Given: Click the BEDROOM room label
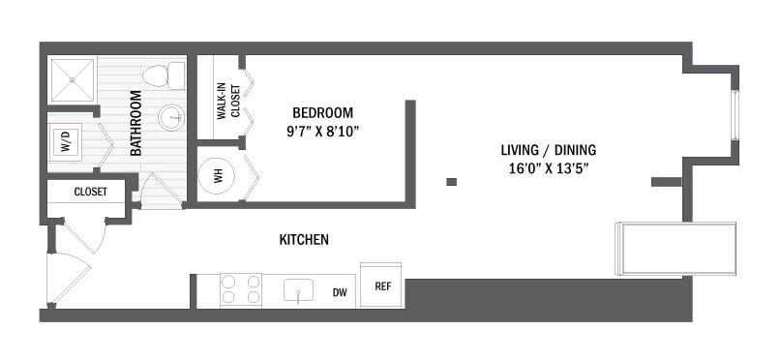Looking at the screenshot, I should pyautogui.click(x=322, y=111).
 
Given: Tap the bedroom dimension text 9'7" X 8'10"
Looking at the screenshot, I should pyautogui.click(x=322, y=131).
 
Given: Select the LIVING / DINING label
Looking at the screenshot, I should pyautogui.click(x=548, y=150).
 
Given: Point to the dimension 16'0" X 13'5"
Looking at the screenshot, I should pyautogui.click(x=548, y=167).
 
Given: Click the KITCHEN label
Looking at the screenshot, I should pyautogui.click(x=304, y=239).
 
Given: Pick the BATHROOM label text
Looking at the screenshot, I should pyautogui.click(x=135, y=123).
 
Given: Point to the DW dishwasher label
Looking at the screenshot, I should pyautogui.click(x=339, y=291).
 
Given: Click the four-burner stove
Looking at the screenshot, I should pyautogui.click(x=241, y=289).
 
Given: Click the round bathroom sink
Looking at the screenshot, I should pyautogui.click(x=172, y=117).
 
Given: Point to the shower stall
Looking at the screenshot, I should pyautogui.click(x=74, y=79).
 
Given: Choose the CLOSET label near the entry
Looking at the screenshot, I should pyautogui.click(x=89, y=193).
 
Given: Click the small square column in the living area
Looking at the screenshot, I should pyautogui.click(x=451, y=181).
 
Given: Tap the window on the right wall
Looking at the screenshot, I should pyautogui.click(x=735, y=113).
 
